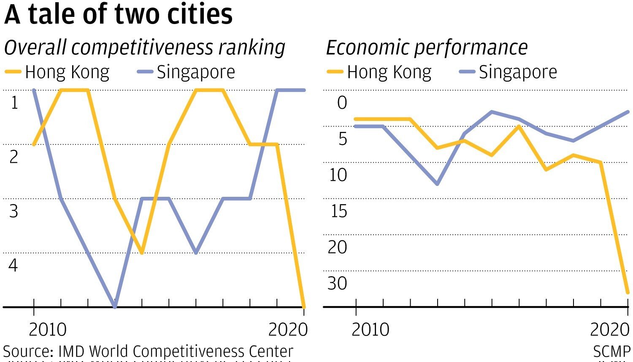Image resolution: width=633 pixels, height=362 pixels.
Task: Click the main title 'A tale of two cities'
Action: pyautogui.click(x=118, y=14)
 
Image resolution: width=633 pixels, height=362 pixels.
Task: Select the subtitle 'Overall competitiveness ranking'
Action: pyautogui.click(x=144, y=48)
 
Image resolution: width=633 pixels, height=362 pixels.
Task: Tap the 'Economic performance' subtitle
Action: pyautogui.click(x=427, y=48)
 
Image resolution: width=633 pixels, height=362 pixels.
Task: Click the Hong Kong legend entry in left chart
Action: pyautogui.click(x=57, y=72)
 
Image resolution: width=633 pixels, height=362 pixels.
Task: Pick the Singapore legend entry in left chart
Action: pyautogui.click(x=187, y=72)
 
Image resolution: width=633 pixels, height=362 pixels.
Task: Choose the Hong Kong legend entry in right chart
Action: pyautogui.click(x=379, y=72)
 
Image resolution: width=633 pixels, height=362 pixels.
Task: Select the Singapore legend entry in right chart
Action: pyautogui.click(x=509, y=72)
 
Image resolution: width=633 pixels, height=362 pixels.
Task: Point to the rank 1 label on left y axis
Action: pyautogui.click(x=14, y=102)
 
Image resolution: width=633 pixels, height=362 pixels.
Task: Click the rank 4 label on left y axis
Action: pyautogui.click(x=14, y=265)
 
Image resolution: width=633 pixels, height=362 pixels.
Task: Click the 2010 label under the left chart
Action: pyautogui.click(x=47, y=330)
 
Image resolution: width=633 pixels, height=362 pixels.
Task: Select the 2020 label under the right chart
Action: pyautogui.click(x=609, y=330)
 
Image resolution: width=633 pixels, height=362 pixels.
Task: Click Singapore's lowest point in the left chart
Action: pyautogui.click(x=115, y=306)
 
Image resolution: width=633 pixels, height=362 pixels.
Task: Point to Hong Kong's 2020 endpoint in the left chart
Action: pyautogui.click(x=303, y=306)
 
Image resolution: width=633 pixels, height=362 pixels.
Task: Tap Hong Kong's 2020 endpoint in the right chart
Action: pyautogui.click(x=628, y=292)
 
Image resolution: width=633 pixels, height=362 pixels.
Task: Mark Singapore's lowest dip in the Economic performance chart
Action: pyautogui.click(x=437, y=184)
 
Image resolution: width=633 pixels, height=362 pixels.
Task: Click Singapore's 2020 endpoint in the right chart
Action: pyautogui.click(x=628, y=112)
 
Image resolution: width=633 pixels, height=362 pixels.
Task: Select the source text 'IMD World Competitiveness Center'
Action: pyautogui.click(x=176, y=351)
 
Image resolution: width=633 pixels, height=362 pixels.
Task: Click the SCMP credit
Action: pyautogui.click(x=611, y=352)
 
